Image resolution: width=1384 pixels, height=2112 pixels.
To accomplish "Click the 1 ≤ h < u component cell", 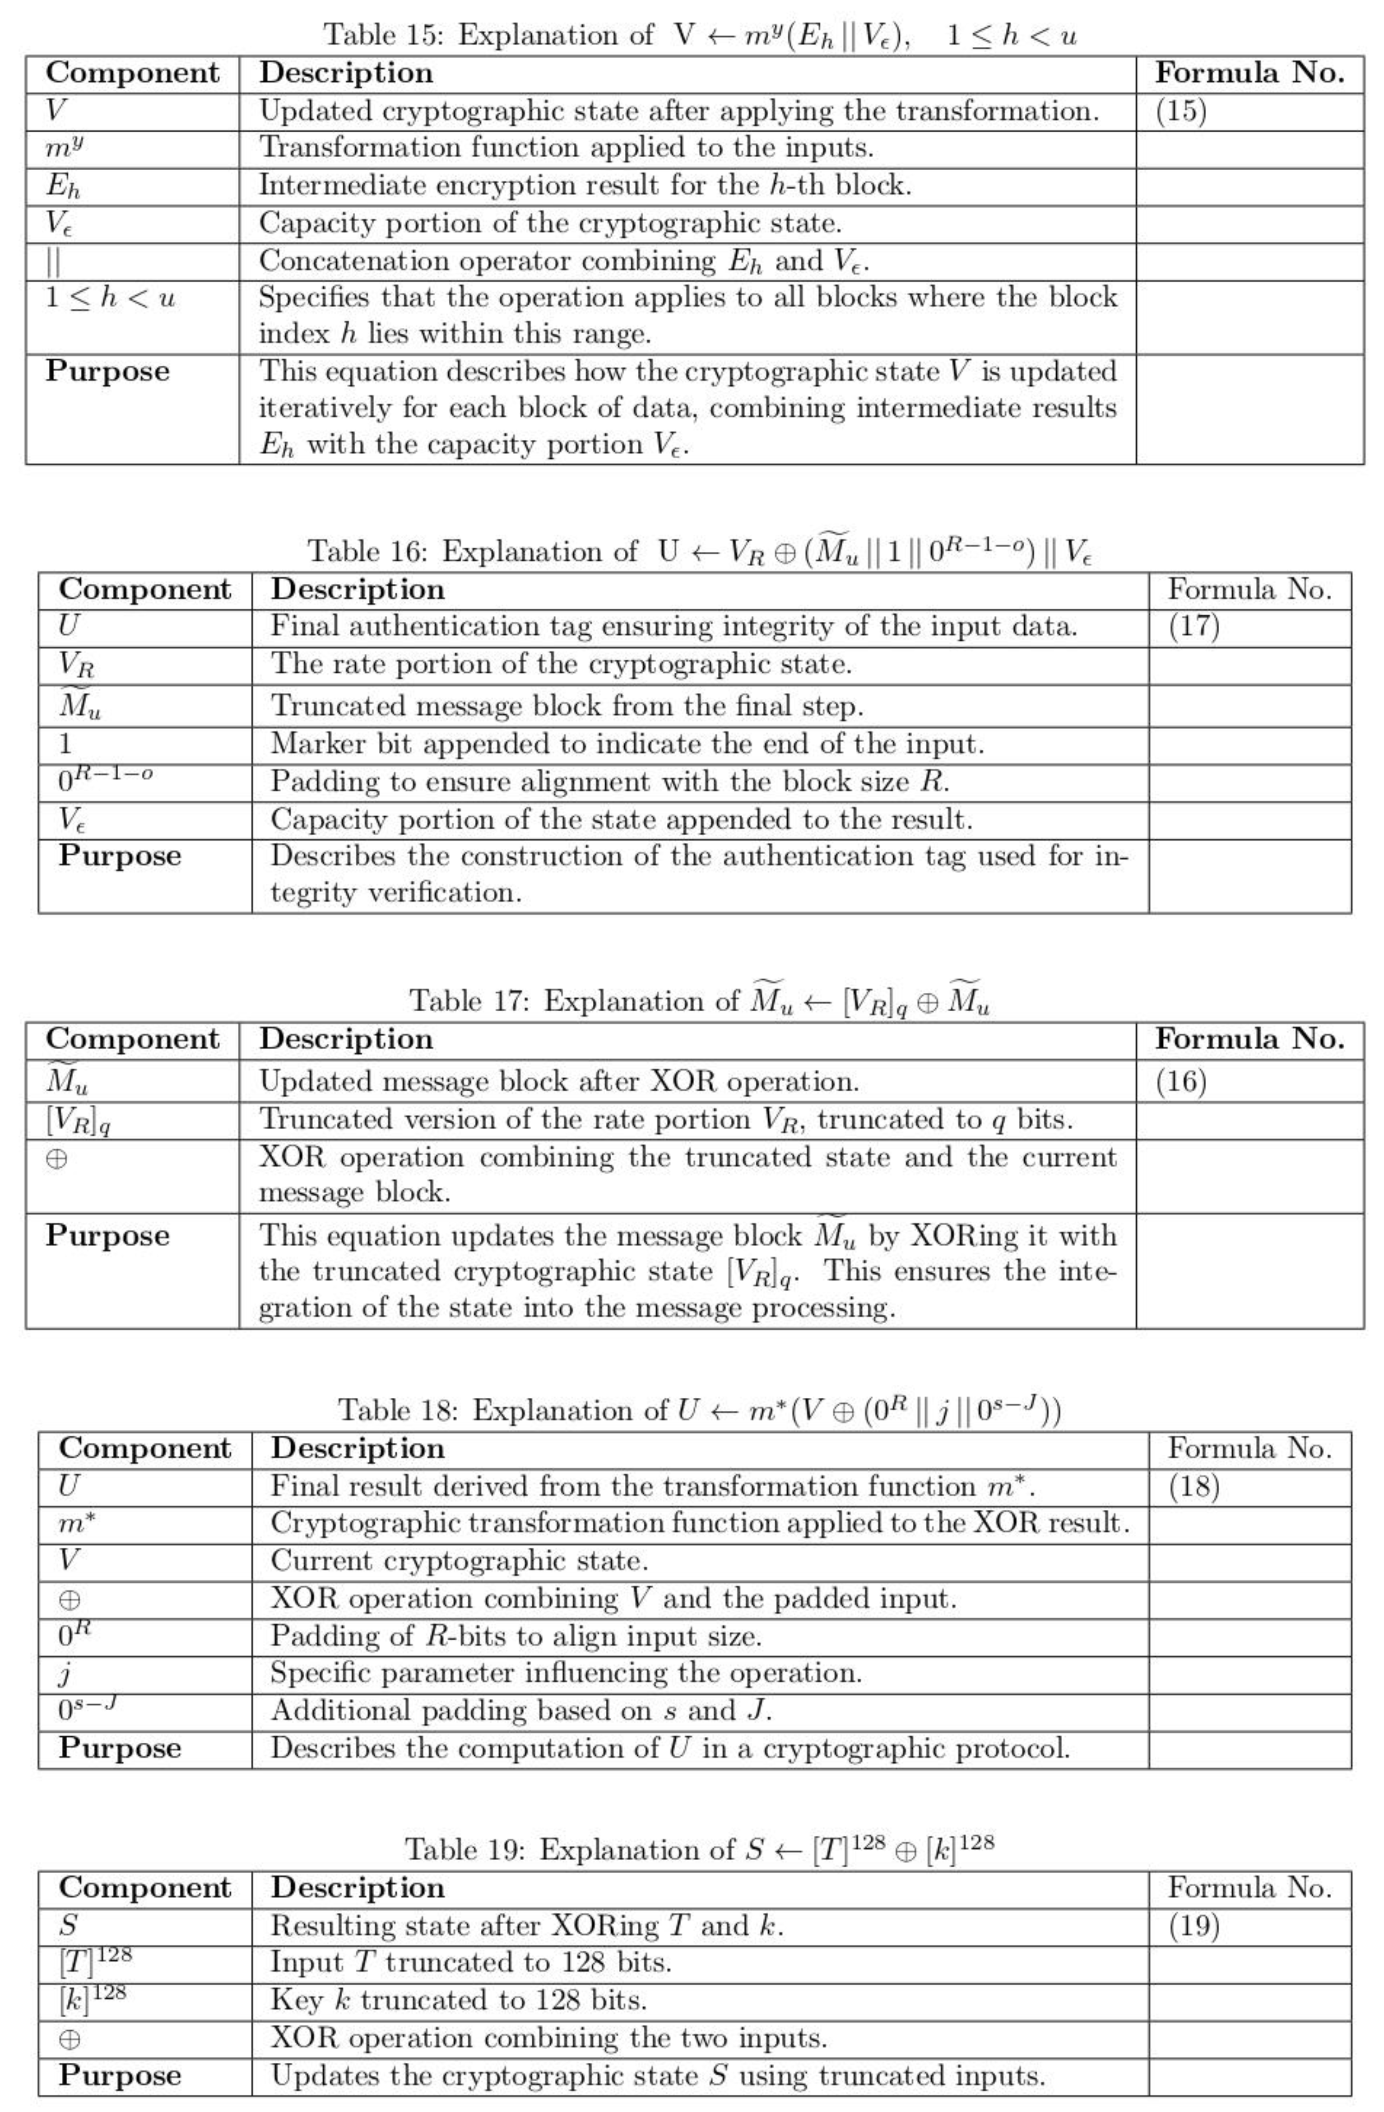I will pyautogui.click(x=111, y=297).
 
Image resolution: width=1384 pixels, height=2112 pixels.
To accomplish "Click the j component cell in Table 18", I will pyautogui.click(x=65, y=1674).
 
